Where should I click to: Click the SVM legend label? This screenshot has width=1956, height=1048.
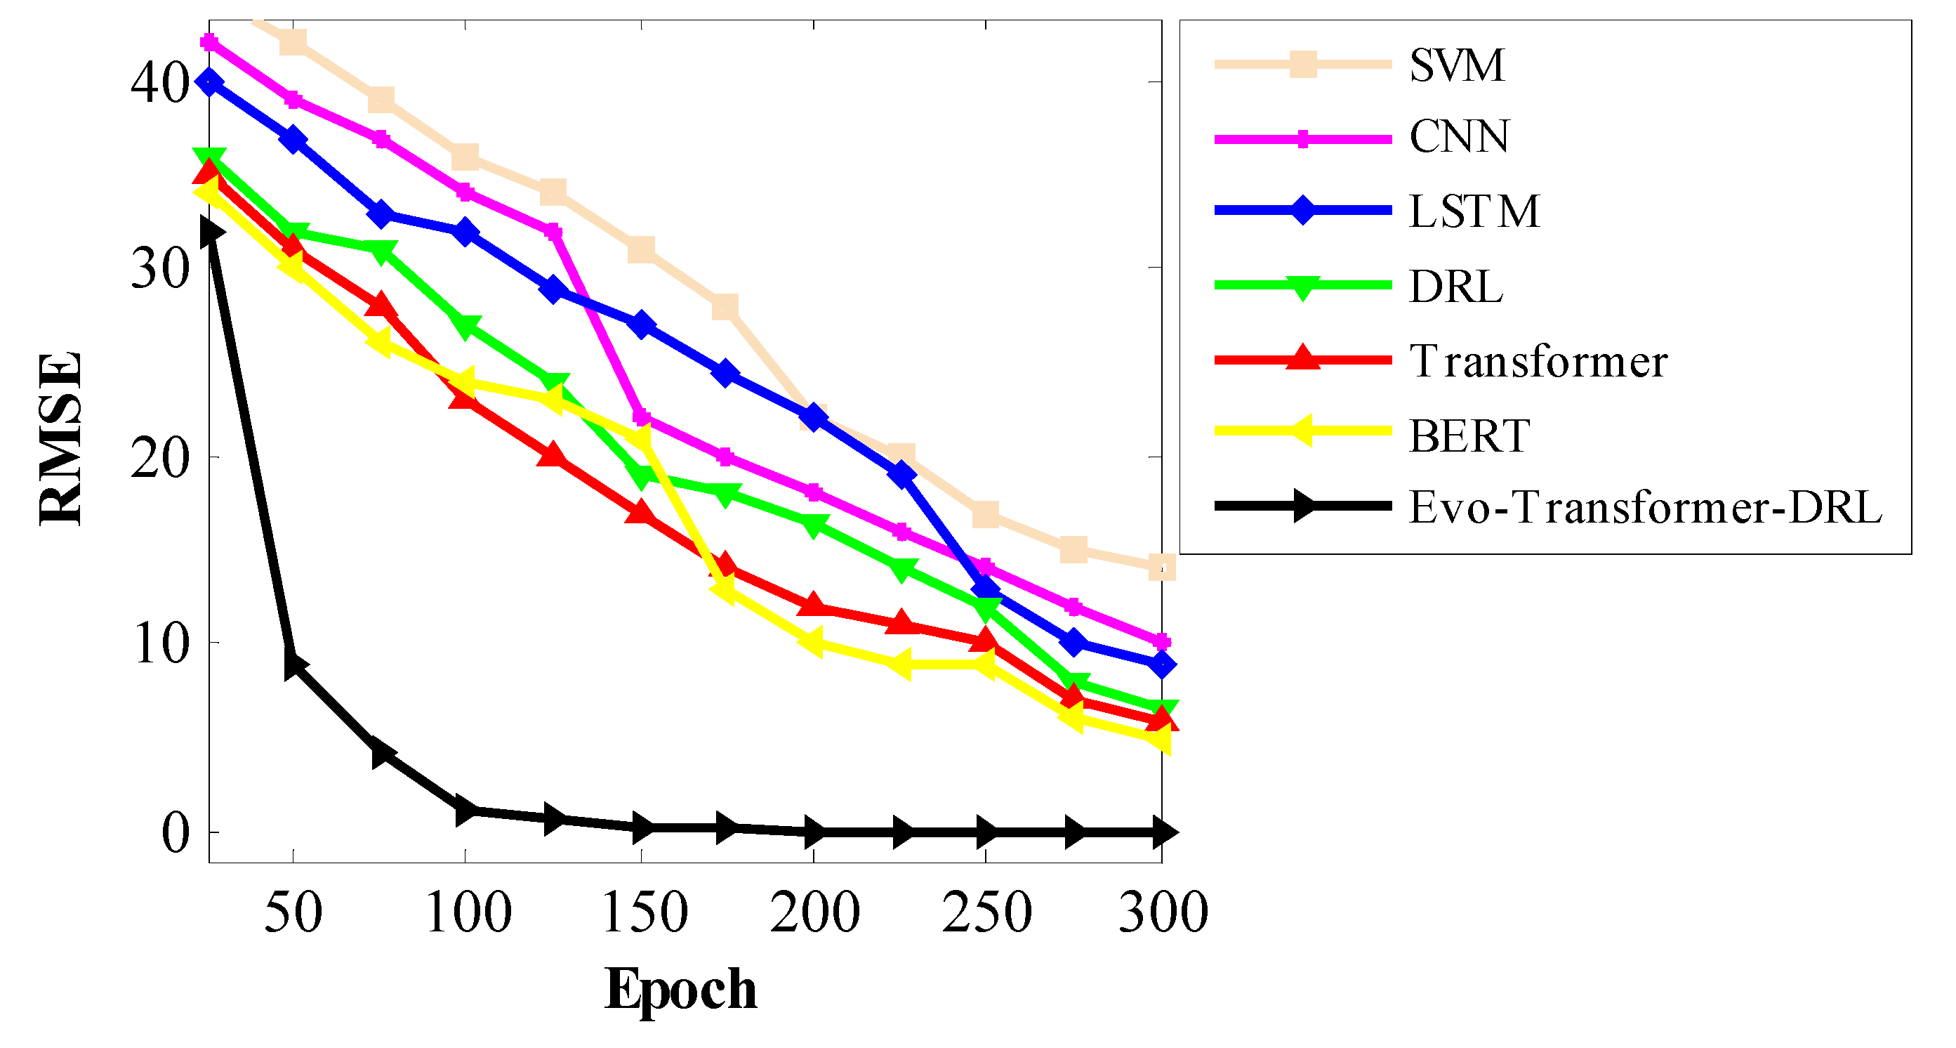click(x=1455, y=65)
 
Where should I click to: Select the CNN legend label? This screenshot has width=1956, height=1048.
click(x=1459, y=138)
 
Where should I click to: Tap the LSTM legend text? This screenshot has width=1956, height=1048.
click(x=1474, y=211)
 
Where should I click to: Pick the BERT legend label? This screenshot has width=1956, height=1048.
click(x=1469, y=436)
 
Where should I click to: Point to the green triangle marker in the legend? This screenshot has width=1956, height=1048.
click(x=1302, y=287)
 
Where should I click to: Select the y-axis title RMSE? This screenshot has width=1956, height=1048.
click(x=61, y=438)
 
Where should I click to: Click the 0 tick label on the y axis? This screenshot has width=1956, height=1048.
click(x=176, y=833)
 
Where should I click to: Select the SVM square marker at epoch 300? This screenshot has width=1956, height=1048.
click(x=1162, y=567)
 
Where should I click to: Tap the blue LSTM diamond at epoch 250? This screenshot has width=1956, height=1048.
click(x=986, y=587)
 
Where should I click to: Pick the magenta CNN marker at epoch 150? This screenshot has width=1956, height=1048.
click(x=642, y=418)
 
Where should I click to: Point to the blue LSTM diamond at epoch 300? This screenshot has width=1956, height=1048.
click(x=1162, y=665)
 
